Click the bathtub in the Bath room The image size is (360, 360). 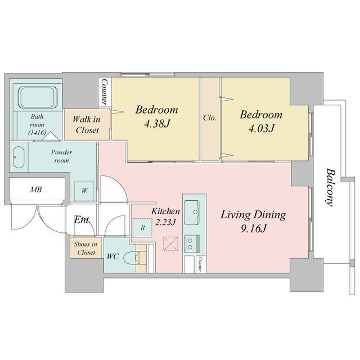[x=38, y=97]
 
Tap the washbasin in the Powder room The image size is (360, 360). [x=19, y=157]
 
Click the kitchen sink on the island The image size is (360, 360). [x=191, y=213]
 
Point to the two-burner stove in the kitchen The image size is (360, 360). [x=192, y=244]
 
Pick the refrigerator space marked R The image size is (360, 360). [x=142, y=228]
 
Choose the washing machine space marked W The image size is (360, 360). [x=84, y=191]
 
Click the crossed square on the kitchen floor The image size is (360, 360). [x=170, y=244]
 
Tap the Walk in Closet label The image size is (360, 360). [x=87, y=125]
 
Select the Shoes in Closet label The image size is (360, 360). [x=85, y=249]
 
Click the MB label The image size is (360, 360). [x=36, y=190]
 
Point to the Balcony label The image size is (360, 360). [x=330, y=187]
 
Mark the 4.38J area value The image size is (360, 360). [x=157, y=124]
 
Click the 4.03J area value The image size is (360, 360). [x=261, y=129]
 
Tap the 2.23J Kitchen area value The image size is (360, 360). [x=165, y=222]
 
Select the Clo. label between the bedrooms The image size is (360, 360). [x=210, y=118]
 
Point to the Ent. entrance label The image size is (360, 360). [x=82, y=220]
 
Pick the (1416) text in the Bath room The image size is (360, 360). [x=37, y=133]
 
